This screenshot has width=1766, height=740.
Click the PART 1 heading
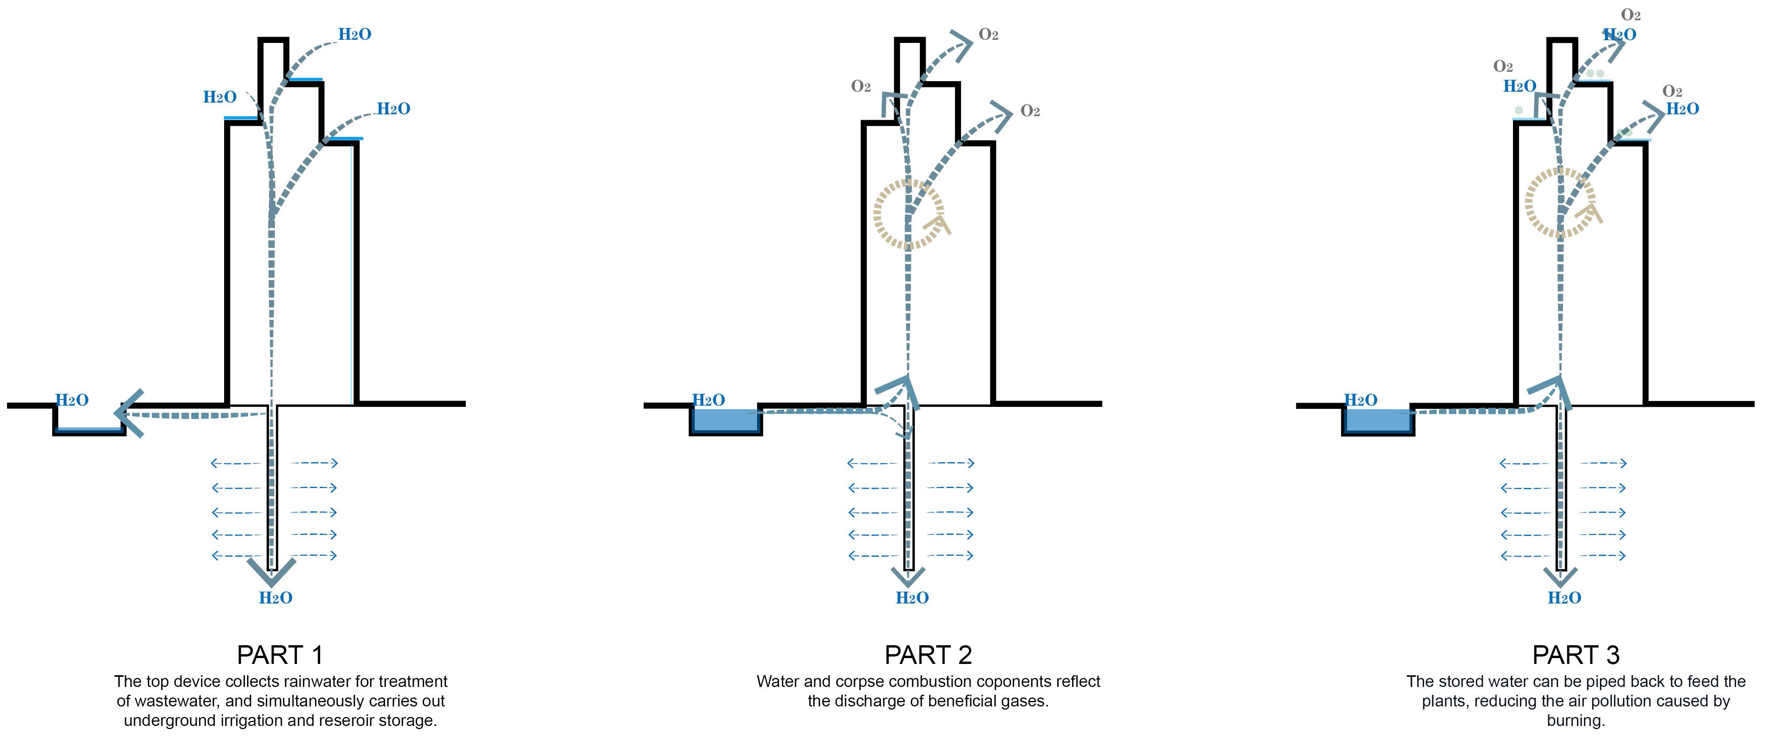pos(280,655)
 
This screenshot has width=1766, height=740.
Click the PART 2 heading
pos(928,655)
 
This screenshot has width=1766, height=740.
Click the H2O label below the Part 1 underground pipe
pos(276,598)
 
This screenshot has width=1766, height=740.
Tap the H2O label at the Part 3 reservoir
pos(1360,400)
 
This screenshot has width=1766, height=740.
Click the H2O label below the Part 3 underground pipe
pos(1565,598)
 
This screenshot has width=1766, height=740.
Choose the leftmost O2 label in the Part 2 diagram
pos(861,86)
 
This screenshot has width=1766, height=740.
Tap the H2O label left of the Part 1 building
pos(219,97)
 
